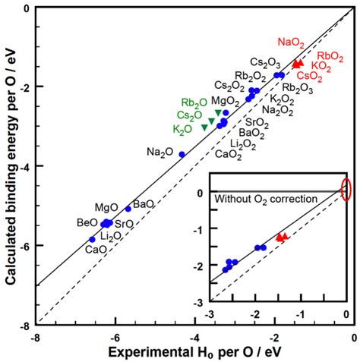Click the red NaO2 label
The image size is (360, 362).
292,42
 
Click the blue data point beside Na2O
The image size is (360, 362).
182,154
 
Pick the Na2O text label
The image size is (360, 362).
161,153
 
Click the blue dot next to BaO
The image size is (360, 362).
128,209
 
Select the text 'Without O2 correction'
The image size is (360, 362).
254,199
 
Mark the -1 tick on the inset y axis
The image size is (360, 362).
199,229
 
